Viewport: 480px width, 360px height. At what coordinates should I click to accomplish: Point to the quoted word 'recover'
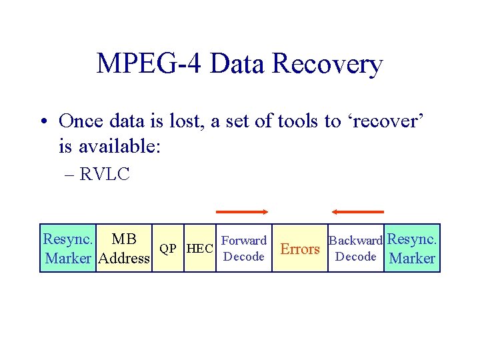pos(383,121)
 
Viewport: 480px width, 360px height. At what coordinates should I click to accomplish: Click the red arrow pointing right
pos(241,212)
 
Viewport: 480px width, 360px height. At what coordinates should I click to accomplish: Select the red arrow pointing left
pos(357,212)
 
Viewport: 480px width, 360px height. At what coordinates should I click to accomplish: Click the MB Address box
pos(123,249)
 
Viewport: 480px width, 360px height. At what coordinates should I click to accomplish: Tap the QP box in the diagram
pos(168,249)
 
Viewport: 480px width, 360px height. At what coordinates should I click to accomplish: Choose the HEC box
pos(199,249)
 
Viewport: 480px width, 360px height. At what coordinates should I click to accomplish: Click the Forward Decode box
pos(243,249)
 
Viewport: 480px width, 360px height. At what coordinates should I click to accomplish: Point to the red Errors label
pos(300,249)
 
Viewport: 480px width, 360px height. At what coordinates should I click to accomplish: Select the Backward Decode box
pos(355,249)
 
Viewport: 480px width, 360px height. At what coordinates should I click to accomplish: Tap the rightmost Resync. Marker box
pos(412,249)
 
